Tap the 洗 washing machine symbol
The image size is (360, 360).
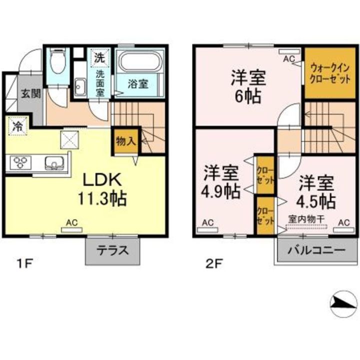(100, 57)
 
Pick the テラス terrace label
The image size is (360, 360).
(113, 250)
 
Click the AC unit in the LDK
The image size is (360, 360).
(72, 227)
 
